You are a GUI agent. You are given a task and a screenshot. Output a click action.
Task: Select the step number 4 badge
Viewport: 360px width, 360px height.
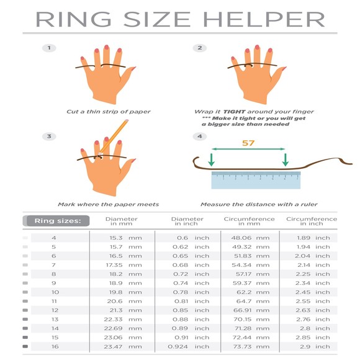(199, 137)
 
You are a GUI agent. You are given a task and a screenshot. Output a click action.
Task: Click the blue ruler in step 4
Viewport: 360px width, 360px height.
(256, 179)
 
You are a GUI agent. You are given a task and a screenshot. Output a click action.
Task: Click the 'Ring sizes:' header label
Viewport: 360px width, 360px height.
(56, 220)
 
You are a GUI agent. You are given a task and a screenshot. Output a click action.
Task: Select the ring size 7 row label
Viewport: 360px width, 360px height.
(53, 264)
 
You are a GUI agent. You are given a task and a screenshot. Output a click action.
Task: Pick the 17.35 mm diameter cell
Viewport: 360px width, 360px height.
(122, 264)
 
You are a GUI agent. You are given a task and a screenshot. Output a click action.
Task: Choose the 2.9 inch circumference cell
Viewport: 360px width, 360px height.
(313, 346)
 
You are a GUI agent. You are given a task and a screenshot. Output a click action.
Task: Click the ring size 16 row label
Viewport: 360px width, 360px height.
(53, 346)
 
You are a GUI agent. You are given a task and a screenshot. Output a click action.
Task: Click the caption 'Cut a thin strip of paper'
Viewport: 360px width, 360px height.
(109, 112)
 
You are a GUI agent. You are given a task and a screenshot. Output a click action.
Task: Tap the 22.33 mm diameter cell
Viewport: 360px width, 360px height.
(122, 319)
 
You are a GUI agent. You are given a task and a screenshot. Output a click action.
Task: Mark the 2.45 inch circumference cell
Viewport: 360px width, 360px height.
(313, 292)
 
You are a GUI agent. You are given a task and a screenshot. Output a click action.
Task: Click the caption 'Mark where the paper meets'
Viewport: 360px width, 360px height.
(109, 204)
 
